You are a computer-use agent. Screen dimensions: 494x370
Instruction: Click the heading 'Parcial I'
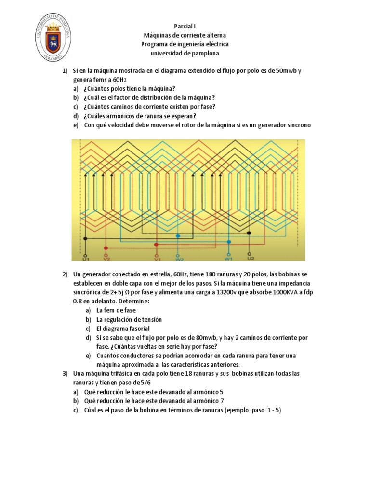coord(185,26)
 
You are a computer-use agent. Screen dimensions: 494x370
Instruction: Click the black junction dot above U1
coord(85,238)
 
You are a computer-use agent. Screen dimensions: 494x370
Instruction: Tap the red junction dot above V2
coord(106,247)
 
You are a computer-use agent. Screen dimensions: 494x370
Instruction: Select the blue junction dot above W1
coord(229,242)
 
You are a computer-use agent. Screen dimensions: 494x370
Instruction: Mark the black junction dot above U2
coord(249,233)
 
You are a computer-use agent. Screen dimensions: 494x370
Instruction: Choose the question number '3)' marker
coord(65,374)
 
